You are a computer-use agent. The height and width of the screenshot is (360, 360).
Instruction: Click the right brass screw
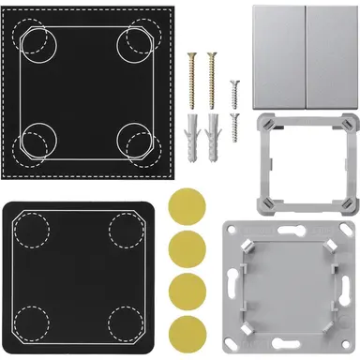point(211,76)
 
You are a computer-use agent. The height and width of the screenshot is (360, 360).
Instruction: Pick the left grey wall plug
point(194,137)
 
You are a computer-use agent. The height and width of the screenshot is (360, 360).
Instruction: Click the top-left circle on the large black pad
point(37,41)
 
